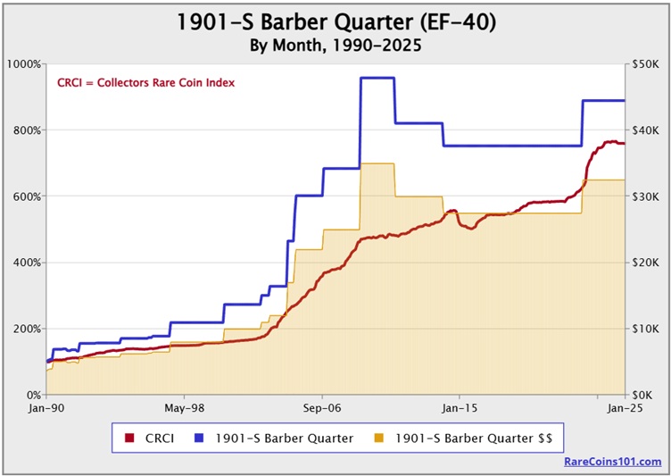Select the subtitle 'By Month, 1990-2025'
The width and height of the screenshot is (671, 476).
[335, 44]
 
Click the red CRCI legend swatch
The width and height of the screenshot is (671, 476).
[129, 438]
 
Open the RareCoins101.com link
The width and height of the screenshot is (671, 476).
[613, 462]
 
